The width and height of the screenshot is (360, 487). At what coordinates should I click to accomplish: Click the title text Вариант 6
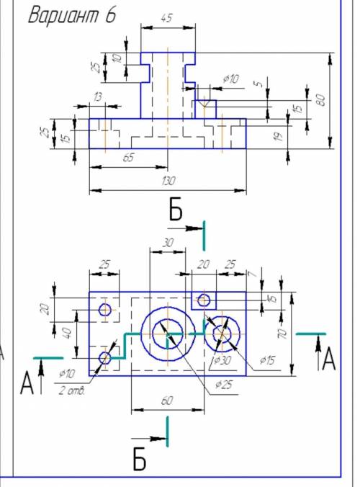(x=72, y=14)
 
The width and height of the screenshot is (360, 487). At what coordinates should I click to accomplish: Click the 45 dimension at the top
(x=166, y=18)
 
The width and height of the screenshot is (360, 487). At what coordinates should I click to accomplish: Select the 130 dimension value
(x=168, y=180)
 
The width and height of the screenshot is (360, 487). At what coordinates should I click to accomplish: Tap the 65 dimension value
(x=128, y=157)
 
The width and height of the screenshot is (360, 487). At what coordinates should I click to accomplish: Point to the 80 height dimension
(x=321, y=100)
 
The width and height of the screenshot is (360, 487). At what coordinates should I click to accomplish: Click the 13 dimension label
(x=97, y=97)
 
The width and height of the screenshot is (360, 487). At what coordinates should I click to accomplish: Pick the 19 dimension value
(x=279, y=136)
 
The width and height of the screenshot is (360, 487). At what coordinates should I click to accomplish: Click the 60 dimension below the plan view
(x=166, y=401)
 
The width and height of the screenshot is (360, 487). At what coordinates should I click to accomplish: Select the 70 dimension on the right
(x=282, y=334)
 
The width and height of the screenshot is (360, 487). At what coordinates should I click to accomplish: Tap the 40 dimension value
(x=68, y=333)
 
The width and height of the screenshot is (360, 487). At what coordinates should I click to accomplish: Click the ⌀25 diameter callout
(x=224, y=385)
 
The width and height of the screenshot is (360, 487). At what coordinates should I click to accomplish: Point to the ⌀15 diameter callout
(x=267, y=360)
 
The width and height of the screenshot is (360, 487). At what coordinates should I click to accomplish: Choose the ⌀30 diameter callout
(x=222, y=360)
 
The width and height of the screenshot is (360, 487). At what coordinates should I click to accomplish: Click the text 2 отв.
(x=72, y=391)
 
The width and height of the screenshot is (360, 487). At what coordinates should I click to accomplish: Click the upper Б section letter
(x=176, y=209)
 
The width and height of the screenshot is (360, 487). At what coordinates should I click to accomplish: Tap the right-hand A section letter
(x=328, y=359)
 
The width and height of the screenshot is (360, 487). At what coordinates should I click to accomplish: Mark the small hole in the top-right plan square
(x=204, y=300)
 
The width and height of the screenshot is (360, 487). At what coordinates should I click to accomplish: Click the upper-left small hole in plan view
(x=105, y=310)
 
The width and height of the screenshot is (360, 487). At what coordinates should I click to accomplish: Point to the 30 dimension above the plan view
(x=168, y=242)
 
